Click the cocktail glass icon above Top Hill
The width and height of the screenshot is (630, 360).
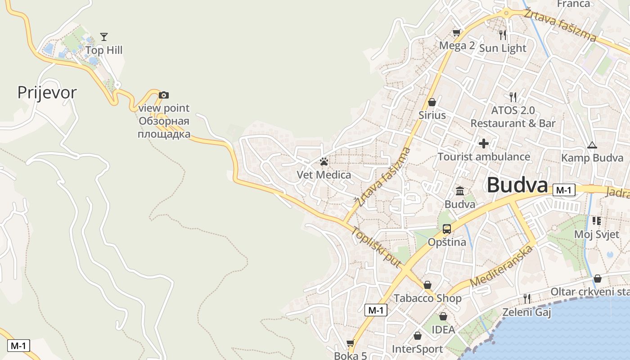point(104,36)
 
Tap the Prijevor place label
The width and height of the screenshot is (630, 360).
point(47,93)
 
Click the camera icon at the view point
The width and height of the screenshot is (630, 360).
point(164,95)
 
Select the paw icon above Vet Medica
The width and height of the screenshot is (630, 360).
point(324,162)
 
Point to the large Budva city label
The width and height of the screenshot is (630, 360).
point(517,185)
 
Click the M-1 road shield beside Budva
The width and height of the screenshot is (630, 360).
point(563,190)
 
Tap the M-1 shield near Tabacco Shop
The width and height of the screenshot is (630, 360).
point(375,310)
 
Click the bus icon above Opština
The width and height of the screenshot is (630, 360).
point(446,229)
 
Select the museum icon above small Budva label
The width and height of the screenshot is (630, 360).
point(460,191)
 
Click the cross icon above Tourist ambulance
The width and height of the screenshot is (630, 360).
point(484,144)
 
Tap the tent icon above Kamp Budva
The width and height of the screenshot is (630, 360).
point(592,145)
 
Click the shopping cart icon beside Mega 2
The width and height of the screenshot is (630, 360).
point(456,32)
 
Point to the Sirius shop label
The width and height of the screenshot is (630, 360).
point(432,115)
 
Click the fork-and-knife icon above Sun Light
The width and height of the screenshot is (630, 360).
point(503,35)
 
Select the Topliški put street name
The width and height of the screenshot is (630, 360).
point(376,248)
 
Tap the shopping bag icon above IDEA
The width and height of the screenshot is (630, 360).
point(443,316)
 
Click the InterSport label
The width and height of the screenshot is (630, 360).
point(417,349)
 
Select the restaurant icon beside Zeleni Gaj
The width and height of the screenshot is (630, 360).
point(526,298)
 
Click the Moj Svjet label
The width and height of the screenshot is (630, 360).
point(597,234)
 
